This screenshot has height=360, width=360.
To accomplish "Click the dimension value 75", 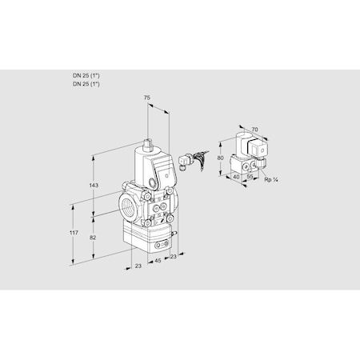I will (x=146, y=97).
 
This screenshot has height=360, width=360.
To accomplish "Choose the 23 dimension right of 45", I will (x=173, y=258).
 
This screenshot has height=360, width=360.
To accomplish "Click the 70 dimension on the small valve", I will (x=254, y=128).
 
